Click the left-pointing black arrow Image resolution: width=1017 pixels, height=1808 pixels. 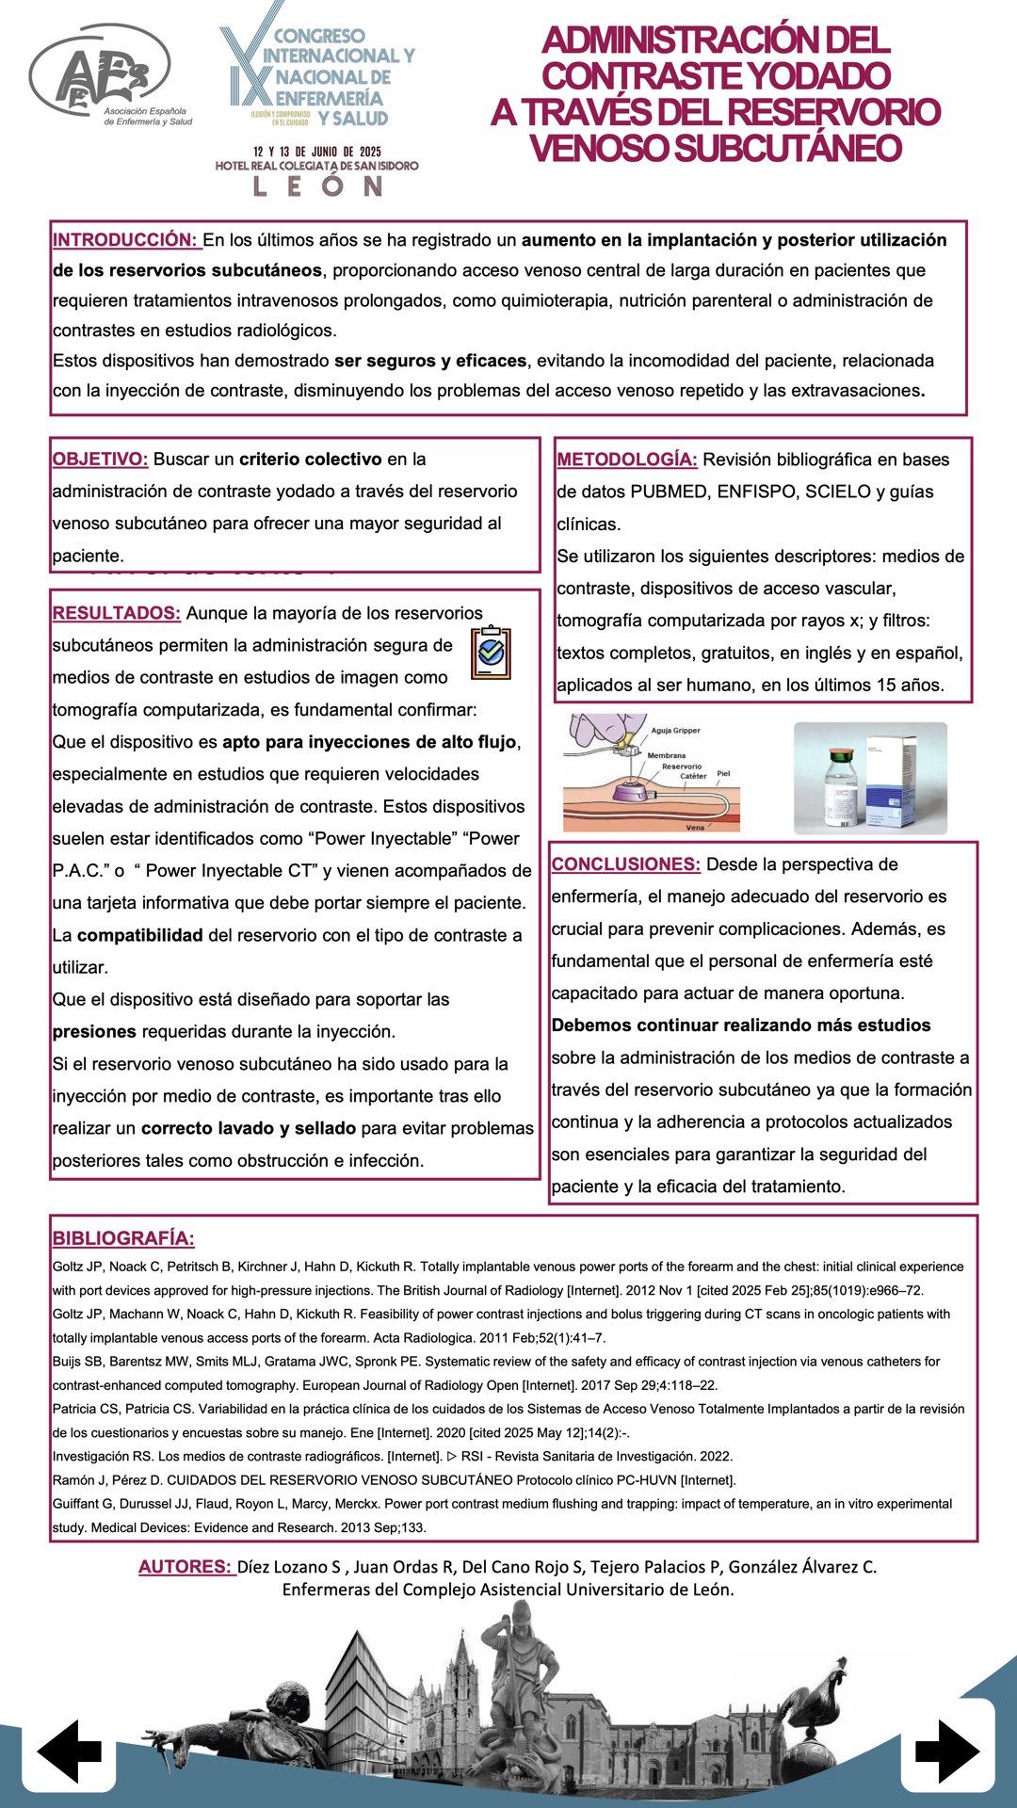coord(70,1751)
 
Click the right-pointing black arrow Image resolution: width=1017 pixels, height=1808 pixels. coord(946,1751)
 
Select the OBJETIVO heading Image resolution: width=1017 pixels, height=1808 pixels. coord(100,460)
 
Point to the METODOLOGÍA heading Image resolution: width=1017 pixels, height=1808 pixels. coord(626,460)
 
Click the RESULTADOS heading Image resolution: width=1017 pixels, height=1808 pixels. coord(116,613)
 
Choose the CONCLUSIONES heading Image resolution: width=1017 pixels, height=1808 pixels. coord(625,864)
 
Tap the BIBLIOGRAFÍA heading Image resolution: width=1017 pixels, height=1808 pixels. coord(123,1239)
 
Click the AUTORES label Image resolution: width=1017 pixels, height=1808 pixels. coord(185,1567)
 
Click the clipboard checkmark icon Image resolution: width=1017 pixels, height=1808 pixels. coord(491,652)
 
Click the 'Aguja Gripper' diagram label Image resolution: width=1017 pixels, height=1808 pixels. coord(676,731)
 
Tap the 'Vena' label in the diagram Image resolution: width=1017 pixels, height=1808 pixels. coord(695,828)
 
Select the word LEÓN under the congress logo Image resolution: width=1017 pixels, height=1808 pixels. coord(317,186)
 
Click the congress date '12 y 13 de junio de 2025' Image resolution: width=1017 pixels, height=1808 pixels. coord(316,152)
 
